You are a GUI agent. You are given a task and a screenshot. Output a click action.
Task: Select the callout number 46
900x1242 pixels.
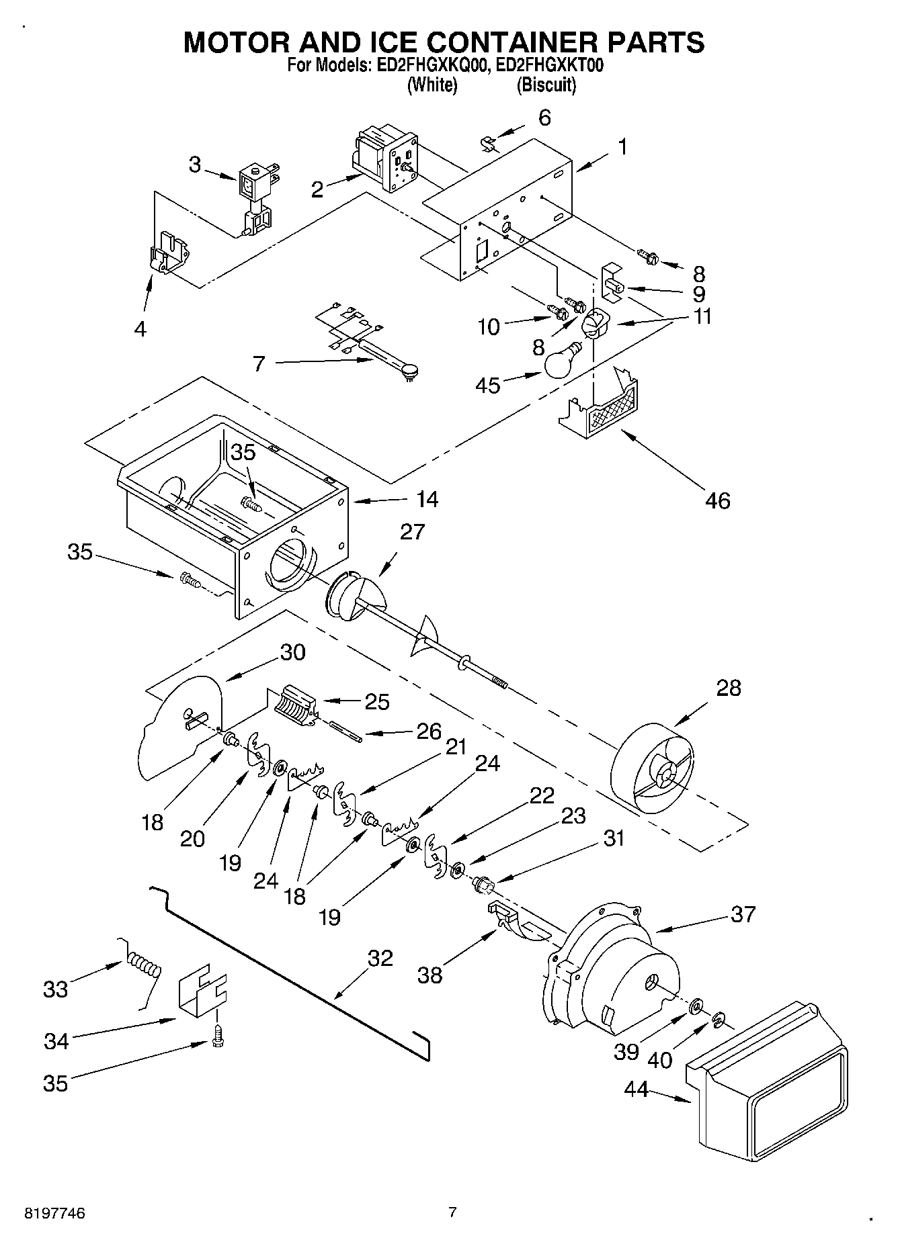tap(717, 500)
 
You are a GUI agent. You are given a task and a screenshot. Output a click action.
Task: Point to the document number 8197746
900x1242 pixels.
tap(55, 1213)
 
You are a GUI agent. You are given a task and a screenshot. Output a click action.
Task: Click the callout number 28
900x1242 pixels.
tap(728, 688)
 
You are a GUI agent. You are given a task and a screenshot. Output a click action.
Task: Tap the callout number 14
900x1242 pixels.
tap(427, 499)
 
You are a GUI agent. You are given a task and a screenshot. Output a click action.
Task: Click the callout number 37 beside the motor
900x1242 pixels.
tap(743, 914)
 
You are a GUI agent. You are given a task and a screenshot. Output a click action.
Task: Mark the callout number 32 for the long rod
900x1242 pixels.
tap(380, 958)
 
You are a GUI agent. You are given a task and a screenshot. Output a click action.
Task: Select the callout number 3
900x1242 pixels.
tap(195, 165)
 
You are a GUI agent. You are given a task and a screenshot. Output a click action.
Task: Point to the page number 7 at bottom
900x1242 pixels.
tap(452, 1212)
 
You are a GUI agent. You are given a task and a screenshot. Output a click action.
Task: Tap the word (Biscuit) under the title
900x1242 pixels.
tap(546, 85)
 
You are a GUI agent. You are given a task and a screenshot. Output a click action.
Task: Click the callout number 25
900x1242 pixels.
tap(376, 702)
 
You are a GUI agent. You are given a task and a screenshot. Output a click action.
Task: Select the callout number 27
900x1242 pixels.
tap(412, 532)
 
